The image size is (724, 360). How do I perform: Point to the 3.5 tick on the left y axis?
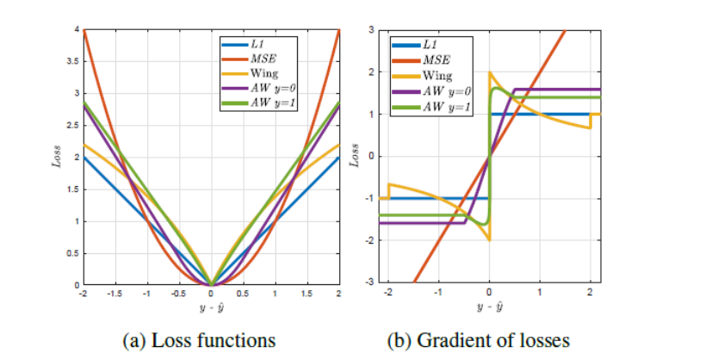pos(75,62)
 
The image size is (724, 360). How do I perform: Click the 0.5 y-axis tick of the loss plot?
pos(75,253)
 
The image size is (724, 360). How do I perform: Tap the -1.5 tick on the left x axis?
pos(114,294)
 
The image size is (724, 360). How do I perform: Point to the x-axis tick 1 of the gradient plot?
pos(539,292)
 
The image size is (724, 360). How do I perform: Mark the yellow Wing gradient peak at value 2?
pos(490,73)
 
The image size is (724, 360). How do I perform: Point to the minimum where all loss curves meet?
pos(211,284)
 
